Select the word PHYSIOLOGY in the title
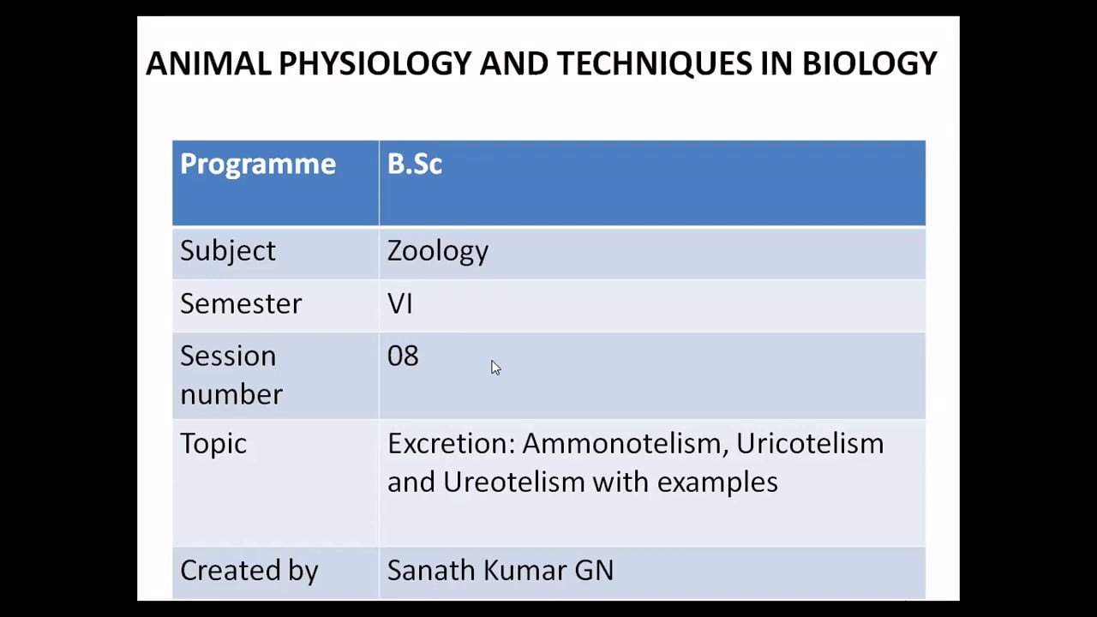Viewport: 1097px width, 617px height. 375,63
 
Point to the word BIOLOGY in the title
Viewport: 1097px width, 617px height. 869,63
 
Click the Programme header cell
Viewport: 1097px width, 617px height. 257,165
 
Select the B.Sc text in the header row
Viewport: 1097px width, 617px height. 414,165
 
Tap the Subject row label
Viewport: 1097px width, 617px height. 227,251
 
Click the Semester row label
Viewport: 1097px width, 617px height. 241,304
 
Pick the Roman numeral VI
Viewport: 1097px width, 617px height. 399,304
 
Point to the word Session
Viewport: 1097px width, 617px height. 227,356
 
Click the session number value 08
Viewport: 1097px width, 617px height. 403,356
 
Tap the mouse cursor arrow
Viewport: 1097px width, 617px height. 495,367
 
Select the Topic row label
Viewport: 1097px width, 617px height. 213,444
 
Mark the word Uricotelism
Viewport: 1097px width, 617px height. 809,444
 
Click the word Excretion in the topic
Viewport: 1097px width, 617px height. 450,444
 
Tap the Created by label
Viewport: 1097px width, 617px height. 249,571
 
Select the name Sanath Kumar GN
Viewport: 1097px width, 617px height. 500,571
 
